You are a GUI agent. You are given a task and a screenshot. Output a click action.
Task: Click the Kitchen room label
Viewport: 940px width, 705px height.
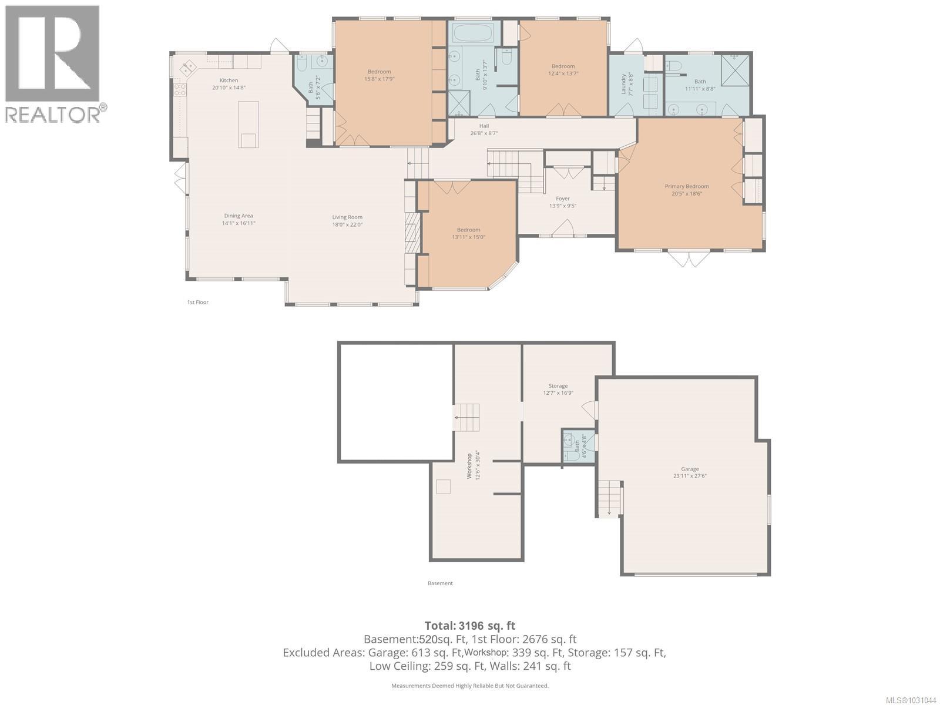point(229,80)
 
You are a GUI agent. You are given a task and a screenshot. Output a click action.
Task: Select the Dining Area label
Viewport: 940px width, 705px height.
point(239,216)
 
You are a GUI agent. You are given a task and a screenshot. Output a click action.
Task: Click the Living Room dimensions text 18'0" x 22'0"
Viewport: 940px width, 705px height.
point(347,224)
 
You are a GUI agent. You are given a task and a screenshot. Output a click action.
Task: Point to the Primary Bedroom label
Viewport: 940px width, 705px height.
point(687,186)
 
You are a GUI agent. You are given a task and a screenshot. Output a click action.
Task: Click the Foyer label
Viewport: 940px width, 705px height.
point(562,199)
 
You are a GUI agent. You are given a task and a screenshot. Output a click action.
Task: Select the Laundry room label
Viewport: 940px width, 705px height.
point(624,84)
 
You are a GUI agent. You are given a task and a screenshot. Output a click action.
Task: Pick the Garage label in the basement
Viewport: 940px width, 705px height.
point(690,469)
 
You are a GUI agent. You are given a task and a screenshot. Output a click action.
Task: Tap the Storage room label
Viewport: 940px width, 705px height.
point(558,386)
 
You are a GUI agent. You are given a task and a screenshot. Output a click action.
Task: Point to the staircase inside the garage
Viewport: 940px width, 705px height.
point(610,498)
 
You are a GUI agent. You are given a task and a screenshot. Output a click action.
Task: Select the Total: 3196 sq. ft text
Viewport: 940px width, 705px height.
point(469,626)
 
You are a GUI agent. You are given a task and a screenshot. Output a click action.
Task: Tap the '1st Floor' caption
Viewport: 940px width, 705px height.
point(197,302)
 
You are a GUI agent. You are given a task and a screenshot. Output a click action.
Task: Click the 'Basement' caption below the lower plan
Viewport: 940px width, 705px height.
point(440,583)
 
